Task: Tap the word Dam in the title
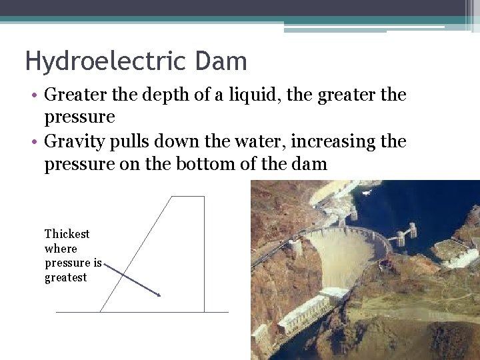221,62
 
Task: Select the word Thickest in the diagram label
67,234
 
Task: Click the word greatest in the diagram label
65,278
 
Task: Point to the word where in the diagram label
61,249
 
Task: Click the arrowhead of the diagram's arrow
158,293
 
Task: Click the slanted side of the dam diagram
137,253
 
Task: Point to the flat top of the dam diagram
188,197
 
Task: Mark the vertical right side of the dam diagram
204,253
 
